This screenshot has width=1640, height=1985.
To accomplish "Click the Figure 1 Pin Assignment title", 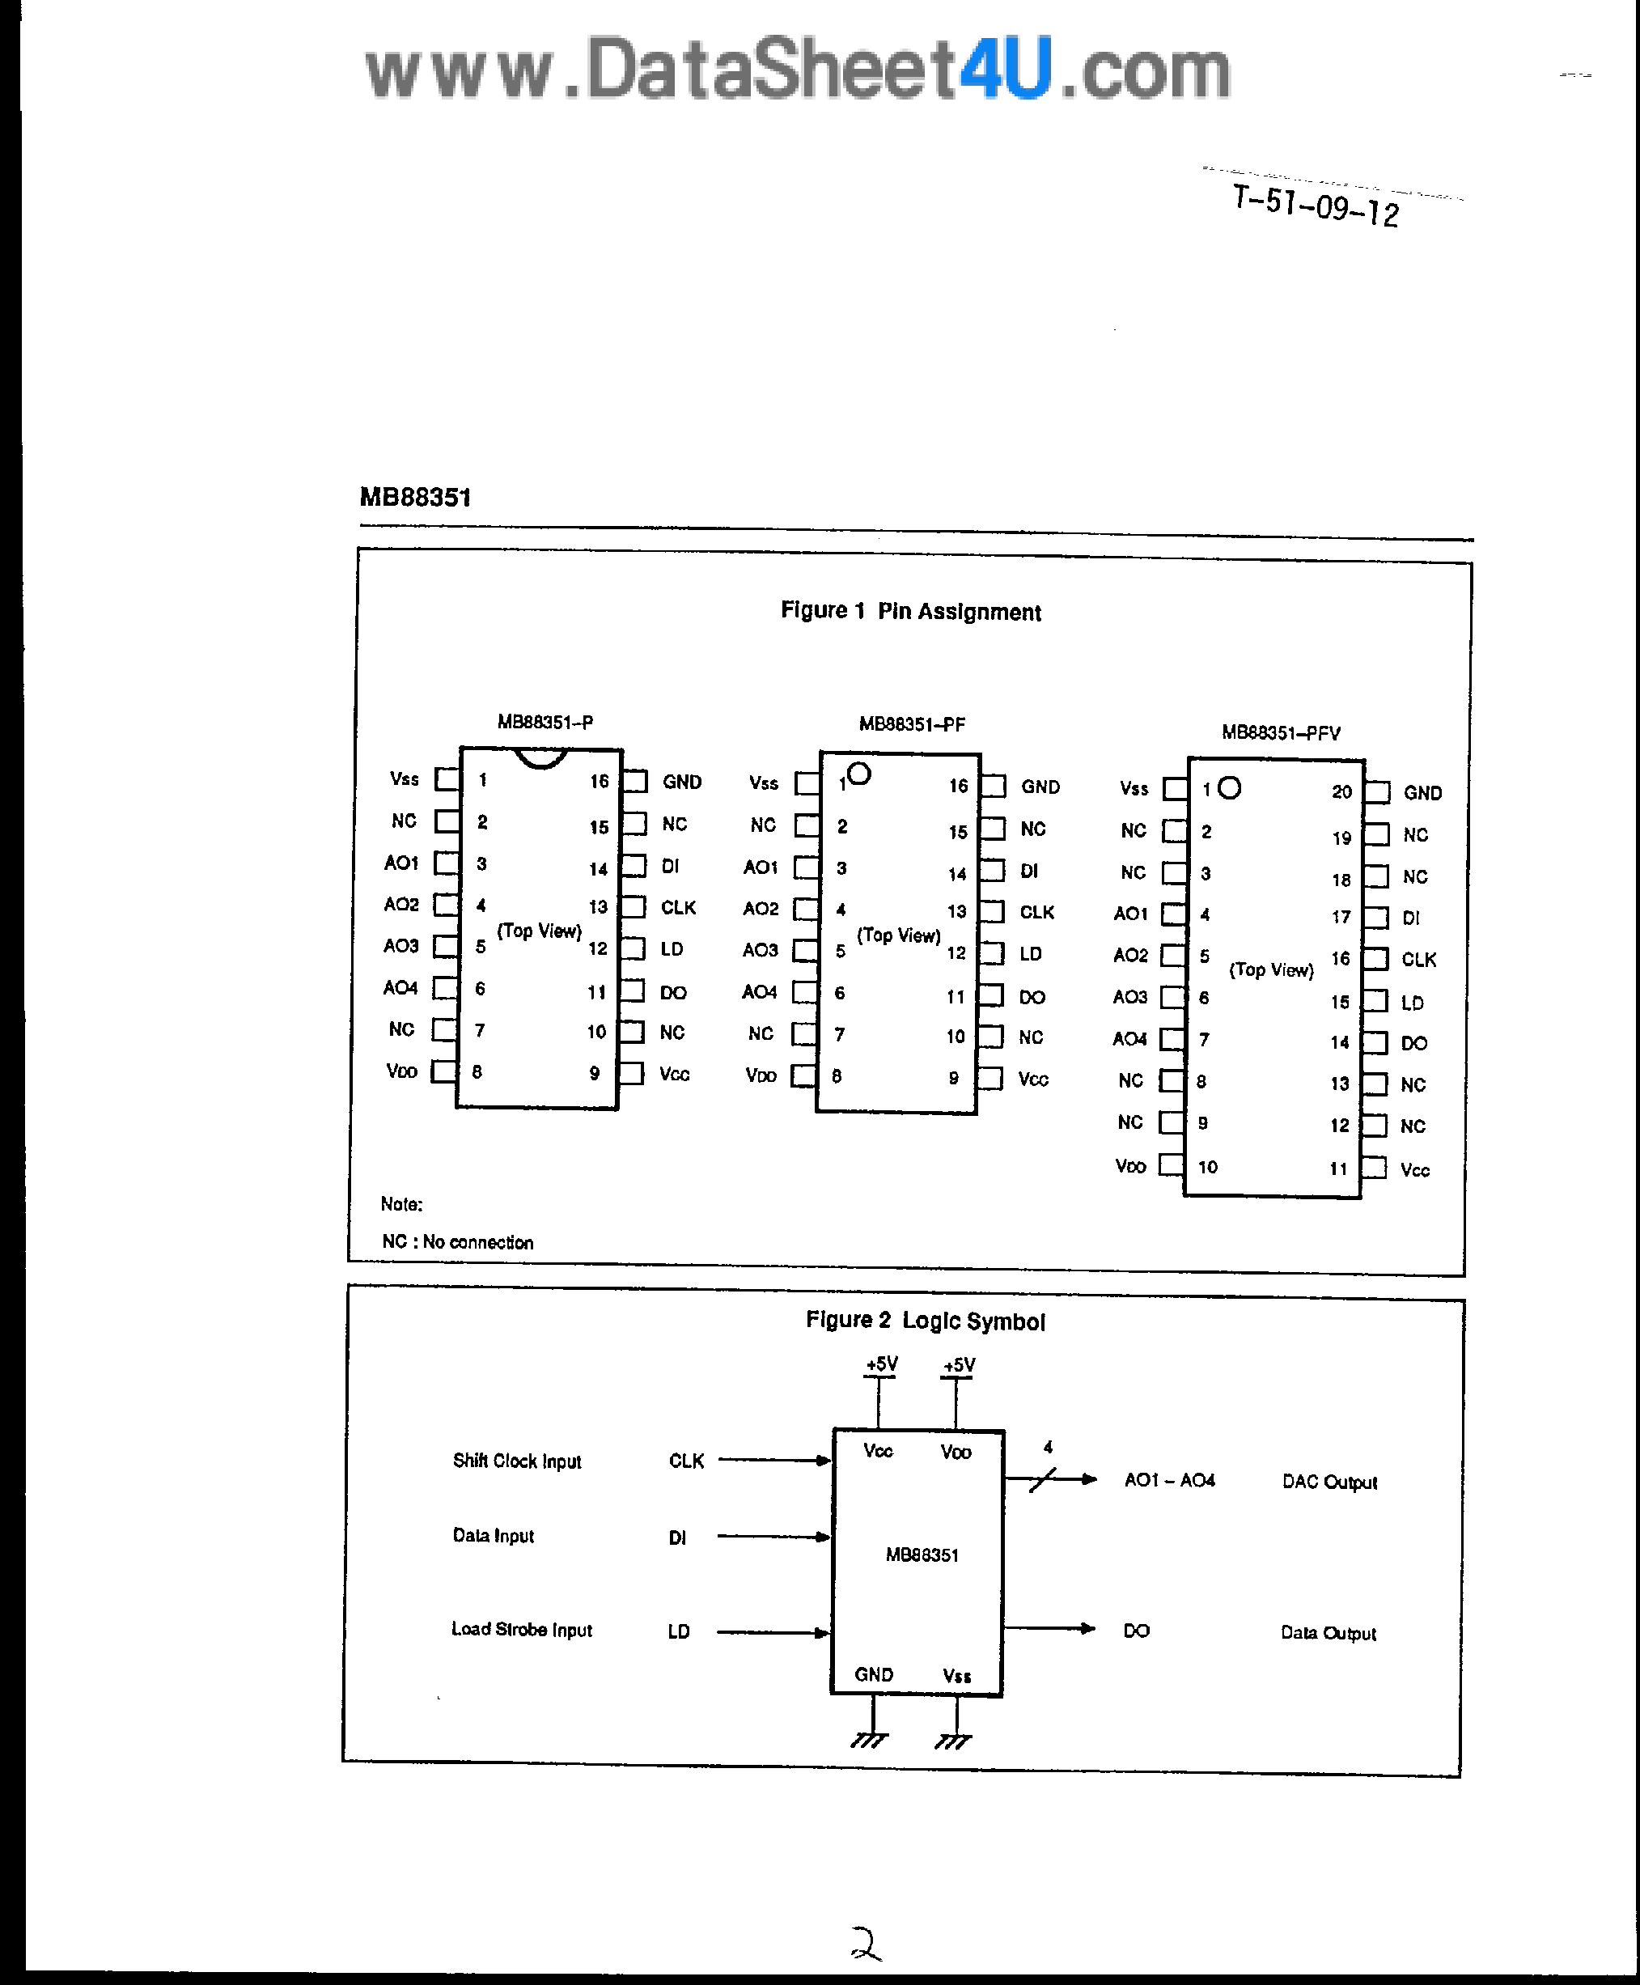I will tap(909, 611).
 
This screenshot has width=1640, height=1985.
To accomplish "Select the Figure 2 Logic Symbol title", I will tap(925, 1320).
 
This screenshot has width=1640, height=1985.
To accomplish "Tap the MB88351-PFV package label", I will tap(1280, 732).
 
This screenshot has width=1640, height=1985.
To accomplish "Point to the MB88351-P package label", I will tap(545, 722).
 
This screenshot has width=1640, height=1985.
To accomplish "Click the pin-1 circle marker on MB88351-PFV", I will tap(1229, 788).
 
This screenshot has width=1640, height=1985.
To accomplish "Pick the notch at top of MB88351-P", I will tap(541, 757).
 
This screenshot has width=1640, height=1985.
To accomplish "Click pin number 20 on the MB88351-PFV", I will tap(1341, 791).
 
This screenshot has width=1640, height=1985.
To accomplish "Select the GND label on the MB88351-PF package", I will tap(1040, 786).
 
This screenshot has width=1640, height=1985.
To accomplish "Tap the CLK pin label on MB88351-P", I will tap(678, 907).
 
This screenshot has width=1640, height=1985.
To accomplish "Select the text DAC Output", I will tap(1329, 1482).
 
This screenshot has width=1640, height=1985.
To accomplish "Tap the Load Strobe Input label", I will tap(522, 1629).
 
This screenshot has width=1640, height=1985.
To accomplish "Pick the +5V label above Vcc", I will tap(881, 1364).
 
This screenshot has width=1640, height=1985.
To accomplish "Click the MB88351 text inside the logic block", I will tap(922, 1554).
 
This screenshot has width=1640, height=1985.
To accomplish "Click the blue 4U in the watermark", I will tap(1005, 70).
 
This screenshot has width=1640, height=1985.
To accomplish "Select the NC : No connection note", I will tap(457, 1241).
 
